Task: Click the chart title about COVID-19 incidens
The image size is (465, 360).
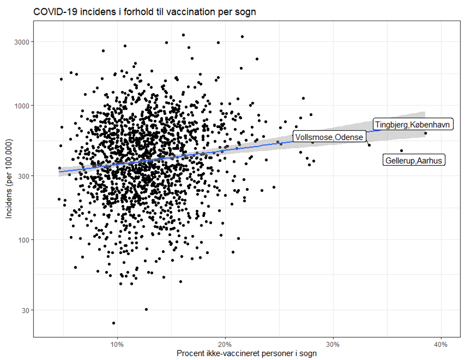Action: pos(145,11)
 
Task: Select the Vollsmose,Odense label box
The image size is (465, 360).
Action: pos(329,136)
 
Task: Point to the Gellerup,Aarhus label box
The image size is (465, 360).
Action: pos(414,160)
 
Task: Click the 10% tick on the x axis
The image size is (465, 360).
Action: pos(117,344)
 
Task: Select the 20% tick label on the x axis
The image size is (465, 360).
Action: pos(225,344)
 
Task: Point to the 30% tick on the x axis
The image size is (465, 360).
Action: pos(333,344)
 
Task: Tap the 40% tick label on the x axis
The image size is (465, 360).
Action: pos(441,344)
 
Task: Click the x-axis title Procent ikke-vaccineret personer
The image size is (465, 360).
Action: pos(246,354)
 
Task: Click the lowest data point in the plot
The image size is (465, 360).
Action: pos(114,323)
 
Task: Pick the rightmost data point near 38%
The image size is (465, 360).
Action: pos(425,134)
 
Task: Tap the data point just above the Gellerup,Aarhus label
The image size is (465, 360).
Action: pos(401,151)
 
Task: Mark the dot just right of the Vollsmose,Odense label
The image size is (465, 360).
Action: pos(369,145)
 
